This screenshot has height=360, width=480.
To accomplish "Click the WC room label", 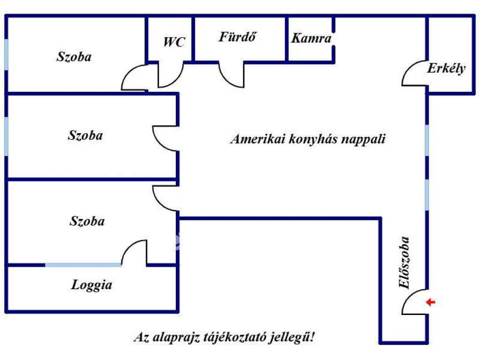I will pos(174,42).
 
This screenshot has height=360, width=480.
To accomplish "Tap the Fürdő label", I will pos(238,37).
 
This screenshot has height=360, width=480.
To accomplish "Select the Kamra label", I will pos(311,38).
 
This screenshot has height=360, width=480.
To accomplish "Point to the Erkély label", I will pos(446,68).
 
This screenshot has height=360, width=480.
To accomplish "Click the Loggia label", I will pos(92,285).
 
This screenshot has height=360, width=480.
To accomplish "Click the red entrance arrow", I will pos(430,302).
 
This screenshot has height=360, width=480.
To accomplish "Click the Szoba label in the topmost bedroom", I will pos(74,57).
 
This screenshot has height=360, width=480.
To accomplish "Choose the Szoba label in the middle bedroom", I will pos(85,136).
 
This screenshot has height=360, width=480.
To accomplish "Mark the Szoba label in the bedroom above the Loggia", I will pos(87,221).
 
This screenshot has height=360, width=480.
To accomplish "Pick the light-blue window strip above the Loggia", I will pos(83,265).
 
